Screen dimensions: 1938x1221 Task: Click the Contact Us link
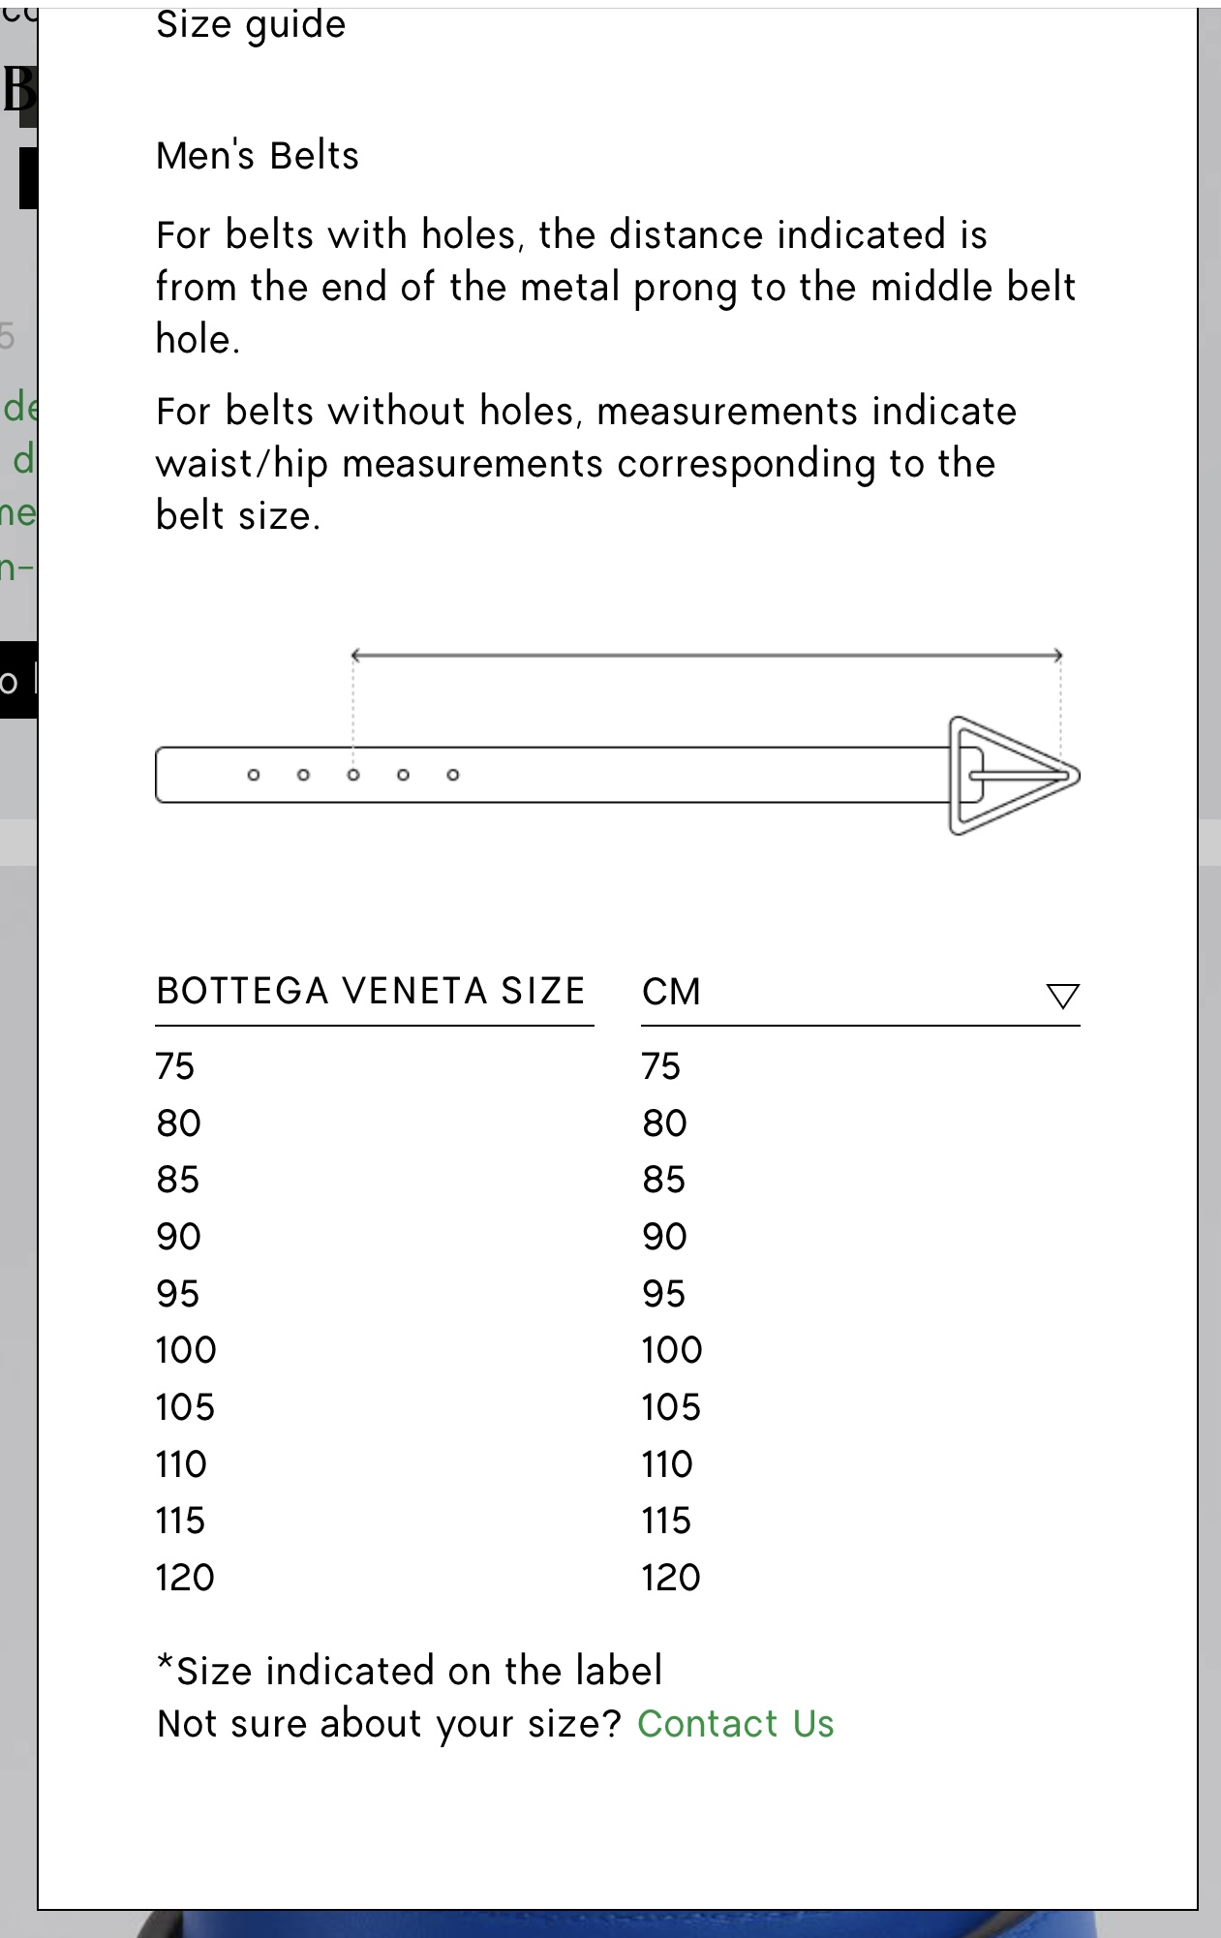point(735,1724)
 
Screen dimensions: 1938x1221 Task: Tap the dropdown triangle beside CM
point(1062,996)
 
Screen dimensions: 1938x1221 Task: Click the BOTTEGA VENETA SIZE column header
point(371,991)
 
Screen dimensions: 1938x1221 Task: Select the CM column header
point(671,992)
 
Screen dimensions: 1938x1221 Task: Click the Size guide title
point(251,25)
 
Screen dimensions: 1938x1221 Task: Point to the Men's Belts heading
point(258,156)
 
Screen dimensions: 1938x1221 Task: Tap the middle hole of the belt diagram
point(353,775)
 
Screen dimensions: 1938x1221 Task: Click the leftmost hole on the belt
point(254,775)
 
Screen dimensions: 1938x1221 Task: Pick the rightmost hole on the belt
point(453,775)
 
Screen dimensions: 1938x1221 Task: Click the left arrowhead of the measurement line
point(355,656)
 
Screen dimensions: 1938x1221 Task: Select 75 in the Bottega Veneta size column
point(175,1066)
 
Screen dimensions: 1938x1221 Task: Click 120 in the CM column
point(670,1578)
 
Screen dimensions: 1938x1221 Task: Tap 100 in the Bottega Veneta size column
point(186,1350)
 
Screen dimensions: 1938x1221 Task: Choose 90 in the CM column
point(664,1237)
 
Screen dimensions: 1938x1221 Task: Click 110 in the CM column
point(667,1464)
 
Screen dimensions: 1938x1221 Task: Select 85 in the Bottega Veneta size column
point(178,1180)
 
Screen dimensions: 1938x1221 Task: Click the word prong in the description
point(686,289)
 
